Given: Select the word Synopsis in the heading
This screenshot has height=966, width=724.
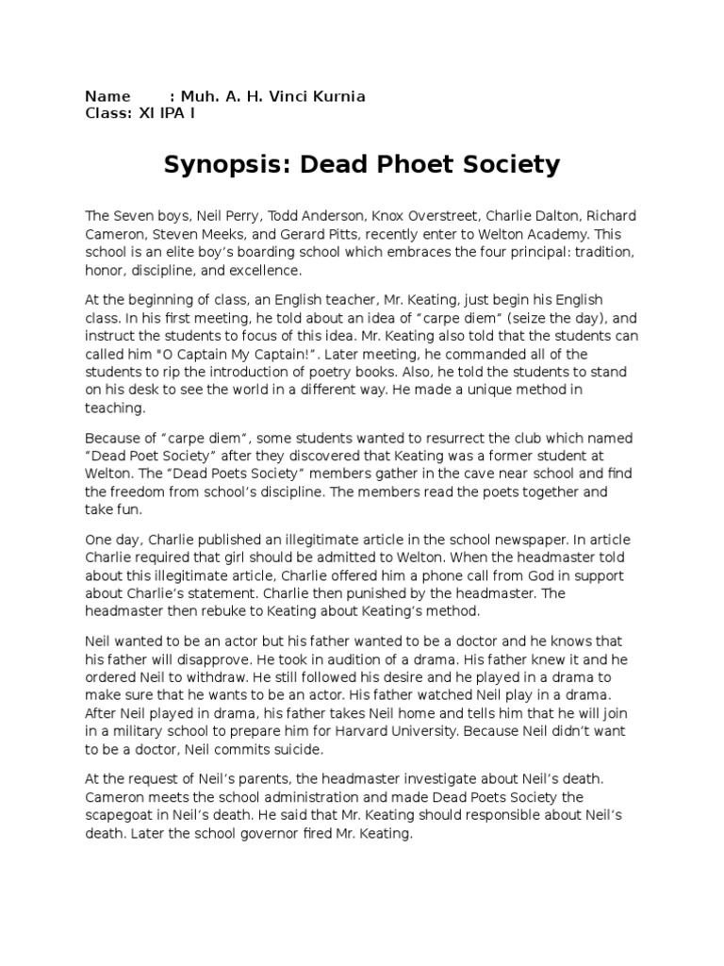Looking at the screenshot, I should click(216, 166).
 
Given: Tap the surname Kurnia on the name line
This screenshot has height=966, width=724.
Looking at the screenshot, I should click(338, 96).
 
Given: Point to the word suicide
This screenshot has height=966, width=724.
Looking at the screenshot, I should click(290, 748).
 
